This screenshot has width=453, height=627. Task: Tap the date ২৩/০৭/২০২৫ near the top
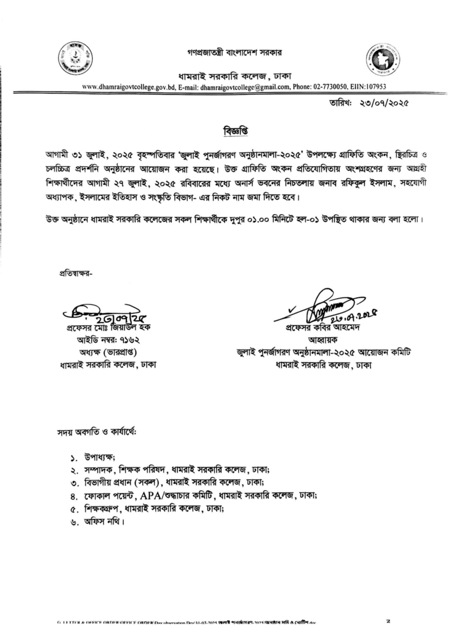coord(384,103)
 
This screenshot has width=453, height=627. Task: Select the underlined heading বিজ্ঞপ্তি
coord(235,131)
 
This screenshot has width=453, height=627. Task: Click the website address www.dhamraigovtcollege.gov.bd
coord(129,87)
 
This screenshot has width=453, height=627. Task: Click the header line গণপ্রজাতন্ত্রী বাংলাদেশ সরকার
coord(234,53)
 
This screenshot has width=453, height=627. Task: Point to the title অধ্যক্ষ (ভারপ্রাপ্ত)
coord(108,352)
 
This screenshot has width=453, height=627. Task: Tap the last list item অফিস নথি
coord(104,522)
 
